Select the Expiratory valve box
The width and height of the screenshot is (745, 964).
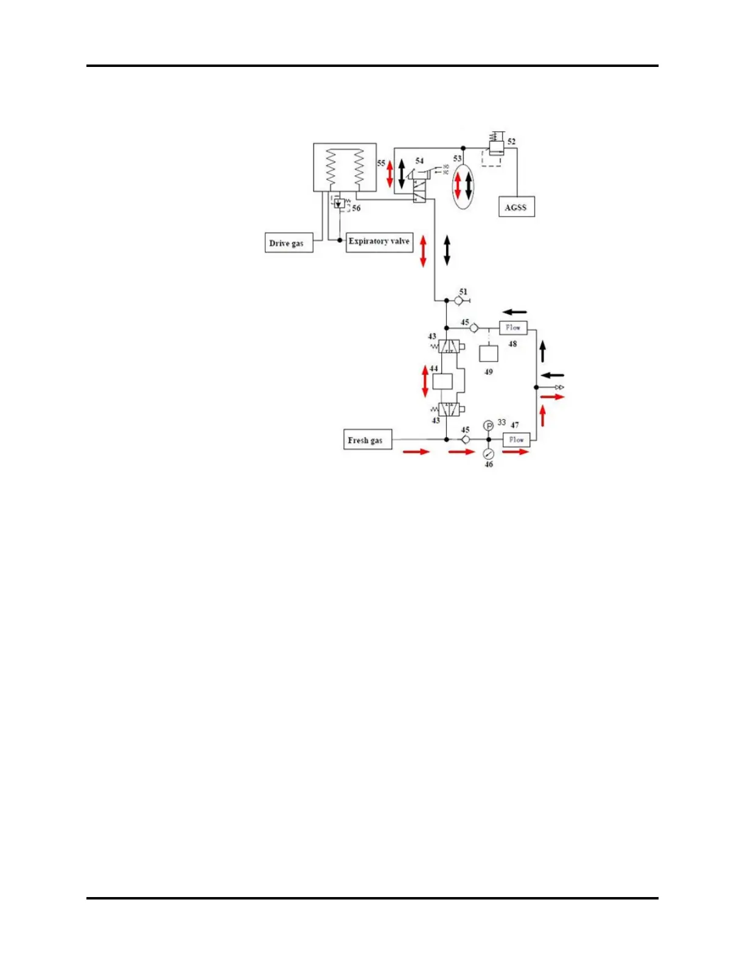coord(379,242)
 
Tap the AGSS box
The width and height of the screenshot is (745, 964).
coord(516,207)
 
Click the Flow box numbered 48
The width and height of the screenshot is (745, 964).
coord(513,328)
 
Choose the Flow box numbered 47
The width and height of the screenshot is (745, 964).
coord(516,439)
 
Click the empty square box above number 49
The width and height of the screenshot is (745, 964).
coord(488,354)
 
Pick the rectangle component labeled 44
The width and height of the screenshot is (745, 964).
coord(442,382)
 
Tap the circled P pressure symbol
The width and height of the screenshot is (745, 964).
coord(488,425)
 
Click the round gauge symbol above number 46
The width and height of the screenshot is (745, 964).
coord(488,454)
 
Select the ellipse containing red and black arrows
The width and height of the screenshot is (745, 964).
coord(463,186)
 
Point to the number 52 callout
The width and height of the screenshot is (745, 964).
coord(511,142)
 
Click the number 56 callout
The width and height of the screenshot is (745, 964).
coord(356,208)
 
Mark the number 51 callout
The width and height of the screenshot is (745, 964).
coord(463,292)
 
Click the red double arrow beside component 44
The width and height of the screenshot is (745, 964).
coord(425,381)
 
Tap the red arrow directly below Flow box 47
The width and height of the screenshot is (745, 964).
coord(516,452)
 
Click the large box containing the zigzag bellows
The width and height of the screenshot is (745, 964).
coord(345,167)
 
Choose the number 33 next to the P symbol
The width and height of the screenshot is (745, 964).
coord(502,422)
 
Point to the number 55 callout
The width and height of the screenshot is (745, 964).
coord(381,164)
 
